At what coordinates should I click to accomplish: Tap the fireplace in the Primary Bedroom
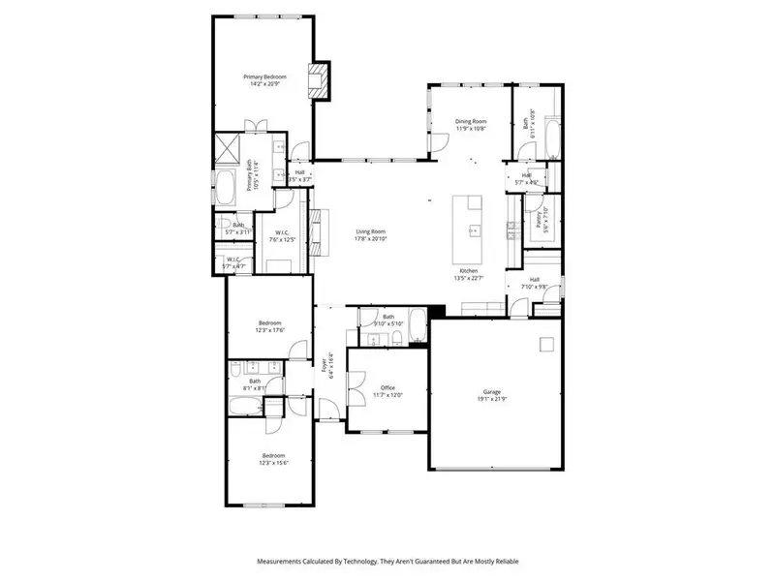pyautogui.click(x=320, y=80)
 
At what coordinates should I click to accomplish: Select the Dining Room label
pyautogui.click(x=471, y=121)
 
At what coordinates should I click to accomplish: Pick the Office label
pyautogui.click(x=387, y=387)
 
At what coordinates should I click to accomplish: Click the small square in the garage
pyautogui.click(x=546, y=343)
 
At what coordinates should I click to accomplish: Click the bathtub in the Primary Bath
pyautogui.click(x=226, y=188)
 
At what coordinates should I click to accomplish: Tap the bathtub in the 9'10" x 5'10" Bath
pyautogui.click(x=416, y=327)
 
